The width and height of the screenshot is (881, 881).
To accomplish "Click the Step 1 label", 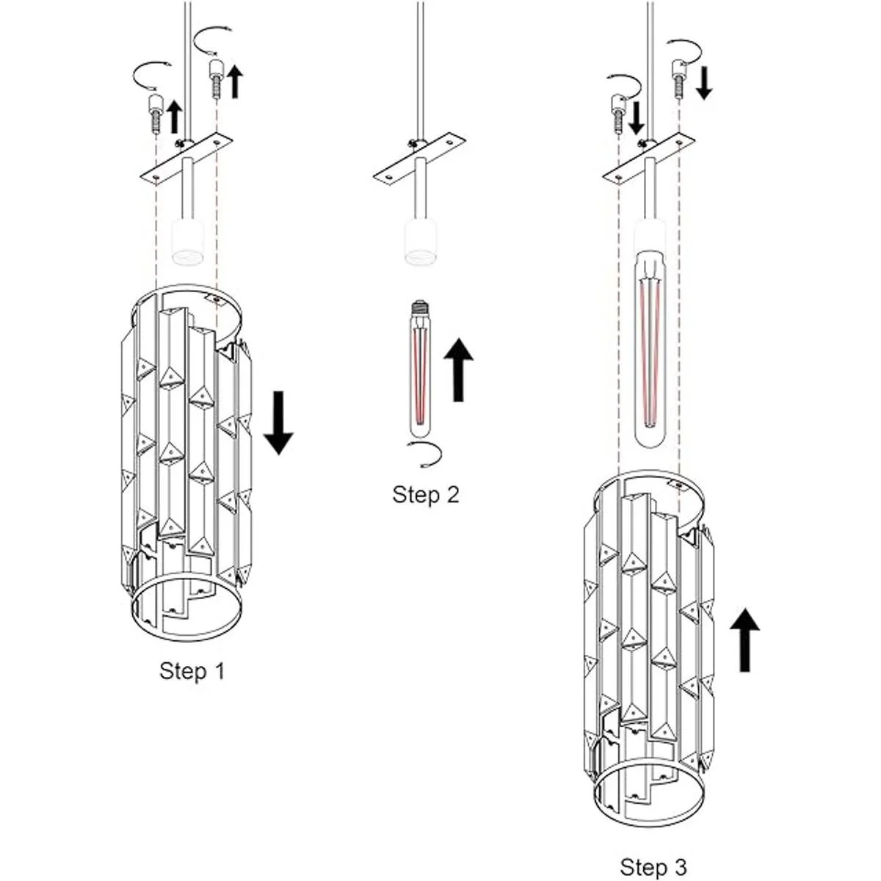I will point(192,670).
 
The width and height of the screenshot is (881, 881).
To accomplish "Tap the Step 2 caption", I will point(426,494).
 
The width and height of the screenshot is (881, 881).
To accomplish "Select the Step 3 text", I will point(653,866).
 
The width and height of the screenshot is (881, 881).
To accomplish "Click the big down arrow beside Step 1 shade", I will point(278,423).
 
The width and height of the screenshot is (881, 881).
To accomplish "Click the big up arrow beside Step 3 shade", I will point(745,639).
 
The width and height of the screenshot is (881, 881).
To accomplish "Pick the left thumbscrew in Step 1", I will point(155,112).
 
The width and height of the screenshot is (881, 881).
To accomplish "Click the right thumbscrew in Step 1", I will point(216,77).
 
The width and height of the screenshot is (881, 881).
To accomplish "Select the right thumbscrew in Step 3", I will point(679,78).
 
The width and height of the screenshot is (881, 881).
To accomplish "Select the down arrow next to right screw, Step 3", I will point(703,83).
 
